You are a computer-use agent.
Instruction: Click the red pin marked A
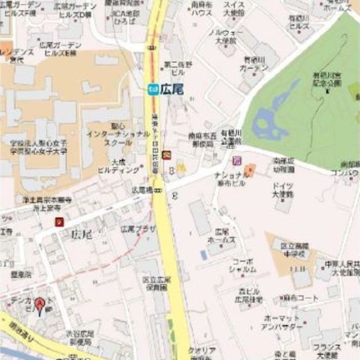pyautogui.click(x=39, y=305)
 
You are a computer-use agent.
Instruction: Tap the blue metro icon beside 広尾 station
pyautogui.click(x=152, y=88)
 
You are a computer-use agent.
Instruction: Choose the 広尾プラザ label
pyautogui.click(x=138, y=229)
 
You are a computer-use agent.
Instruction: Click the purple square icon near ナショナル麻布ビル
pyautogui.click(x=237, y=161)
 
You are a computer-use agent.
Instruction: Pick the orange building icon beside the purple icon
pyautogui.click(x=250, y=169)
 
